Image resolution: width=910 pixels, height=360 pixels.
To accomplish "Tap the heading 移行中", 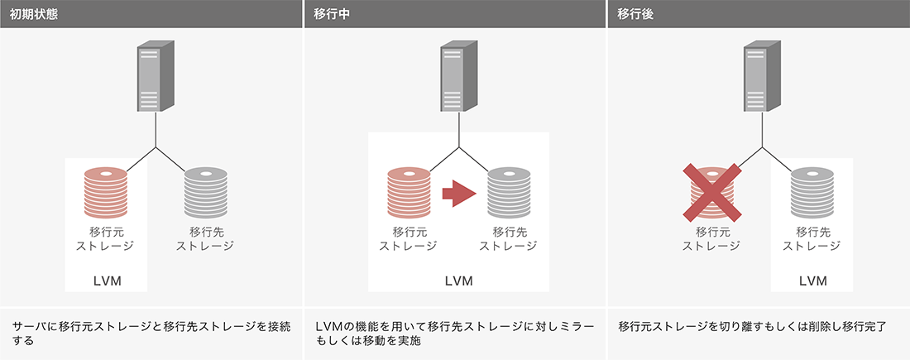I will [332, 14].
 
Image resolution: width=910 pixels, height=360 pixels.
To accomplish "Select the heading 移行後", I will [636, 14].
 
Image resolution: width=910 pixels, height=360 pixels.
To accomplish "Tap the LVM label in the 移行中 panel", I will [458, 281].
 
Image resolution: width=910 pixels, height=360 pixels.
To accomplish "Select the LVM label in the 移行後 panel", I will [812, 281].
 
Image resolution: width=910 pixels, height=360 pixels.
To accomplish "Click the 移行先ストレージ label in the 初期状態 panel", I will [205, 238].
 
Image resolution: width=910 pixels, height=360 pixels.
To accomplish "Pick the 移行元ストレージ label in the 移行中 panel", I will [408, 238].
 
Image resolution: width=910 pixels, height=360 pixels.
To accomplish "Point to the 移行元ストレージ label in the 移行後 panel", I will [711, 238].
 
